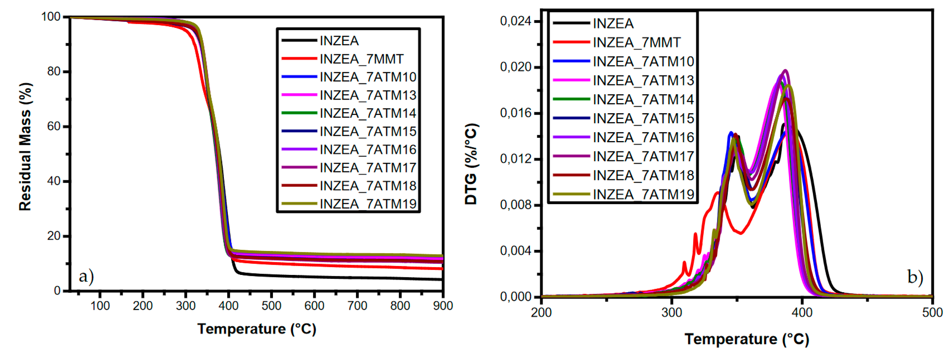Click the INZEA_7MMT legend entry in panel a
click(x=361, y=59)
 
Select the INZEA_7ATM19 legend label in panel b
click(x=643, y=194)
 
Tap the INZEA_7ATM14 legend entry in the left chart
click(x=367, y=113)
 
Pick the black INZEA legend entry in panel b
click(x=613, y=23)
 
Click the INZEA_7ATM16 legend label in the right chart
click(x=643, y=137)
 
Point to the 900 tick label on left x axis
click(x=443, y=306)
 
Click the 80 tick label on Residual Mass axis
click(x=54, y=71)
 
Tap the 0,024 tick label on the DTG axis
click(x=515, y=21)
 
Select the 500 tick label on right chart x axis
click(x=932, y=313)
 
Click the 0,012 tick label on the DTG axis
click(x=515, y=159)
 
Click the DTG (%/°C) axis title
click(x=471, y=164)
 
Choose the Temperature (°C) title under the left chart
click(x=257, y=329)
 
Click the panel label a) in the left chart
click(x=86, y=276)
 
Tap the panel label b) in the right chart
click(x=915, y=276)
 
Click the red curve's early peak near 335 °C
click(x=718, y=192)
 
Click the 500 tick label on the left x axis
click(x=271, y=306)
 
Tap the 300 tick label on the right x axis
click(x=671, y=313)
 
